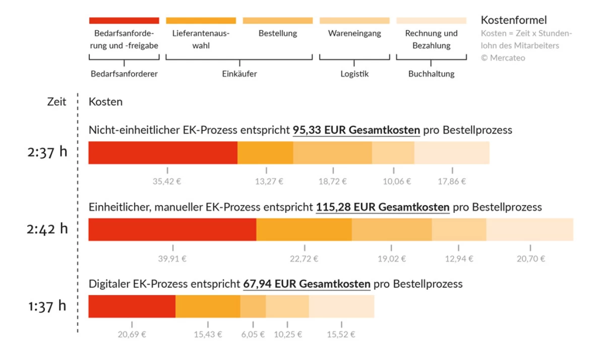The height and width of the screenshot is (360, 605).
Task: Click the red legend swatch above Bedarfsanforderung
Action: pos(124,21)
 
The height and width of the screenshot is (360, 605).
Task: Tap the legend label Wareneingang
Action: pos(354,34)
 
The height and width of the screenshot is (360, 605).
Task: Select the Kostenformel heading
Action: pos(514,20)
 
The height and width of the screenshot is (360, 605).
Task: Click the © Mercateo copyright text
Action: pos(503,58)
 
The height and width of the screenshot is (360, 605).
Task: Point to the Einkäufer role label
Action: pos(239,74)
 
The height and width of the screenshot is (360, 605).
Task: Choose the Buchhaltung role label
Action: pos(431,74)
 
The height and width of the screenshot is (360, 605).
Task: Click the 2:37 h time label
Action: pos(47,152)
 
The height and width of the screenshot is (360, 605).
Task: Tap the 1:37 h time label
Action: pos(47,306)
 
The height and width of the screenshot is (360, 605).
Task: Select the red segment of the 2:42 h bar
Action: pos(172,229)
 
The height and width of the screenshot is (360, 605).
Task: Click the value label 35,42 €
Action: pos(167,182)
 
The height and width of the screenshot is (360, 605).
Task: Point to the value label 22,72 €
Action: pos(305,259)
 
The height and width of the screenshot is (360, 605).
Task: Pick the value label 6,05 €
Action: pos(253,335)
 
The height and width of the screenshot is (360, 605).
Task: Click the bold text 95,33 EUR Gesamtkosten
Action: pos(356,130)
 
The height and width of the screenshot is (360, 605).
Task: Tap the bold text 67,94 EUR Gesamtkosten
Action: pos(307,284)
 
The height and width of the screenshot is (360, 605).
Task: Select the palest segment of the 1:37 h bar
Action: pos(341,307)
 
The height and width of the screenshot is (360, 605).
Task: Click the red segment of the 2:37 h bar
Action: pos(163,153)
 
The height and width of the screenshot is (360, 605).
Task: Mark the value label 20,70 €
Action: pos(530,259)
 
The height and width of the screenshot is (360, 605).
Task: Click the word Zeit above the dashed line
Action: pos(56,102)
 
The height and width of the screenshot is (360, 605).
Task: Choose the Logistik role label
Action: pos(354,74)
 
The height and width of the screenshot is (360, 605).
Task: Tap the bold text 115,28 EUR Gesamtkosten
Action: pos(383,207)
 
